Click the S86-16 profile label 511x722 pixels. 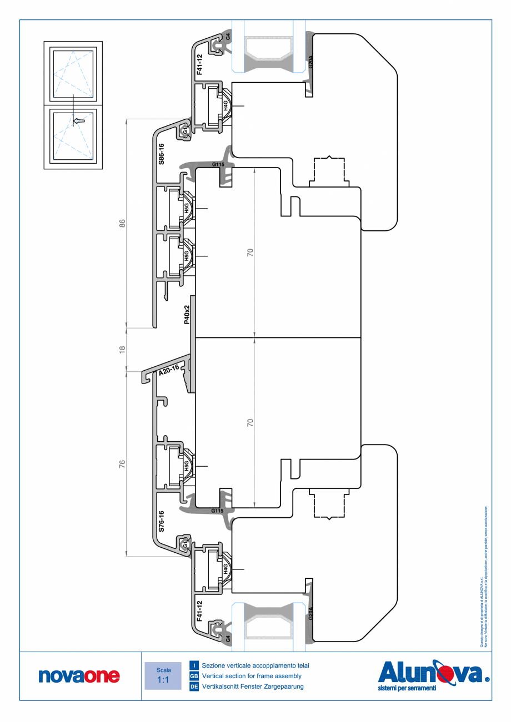click(x=162, y=153)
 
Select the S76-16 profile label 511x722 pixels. click(x=162, y=522)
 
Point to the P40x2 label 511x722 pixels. click(x=187, y=314)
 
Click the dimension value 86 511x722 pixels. click(x=123, y=223)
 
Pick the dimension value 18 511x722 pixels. click(x=123, y=350)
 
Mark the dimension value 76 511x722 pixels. click(x=123, y=464)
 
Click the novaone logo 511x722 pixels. click(x=79, y=675)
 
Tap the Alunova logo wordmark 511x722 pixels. click(x=430, y=673)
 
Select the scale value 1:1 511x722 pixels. click(x=163, y=680)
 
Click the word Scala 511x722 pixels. click(x=163, y=670)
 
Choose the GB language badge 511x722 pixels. click(x=194, y=676)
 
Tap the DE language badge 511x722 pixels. click(x=194, y=687)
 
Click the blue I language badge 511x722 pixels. click(x=194, y=665)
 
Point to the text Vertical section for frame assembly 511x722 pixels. click(x=252, y=676)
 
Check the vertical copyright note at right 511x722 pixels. click(x=483, y=577)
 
